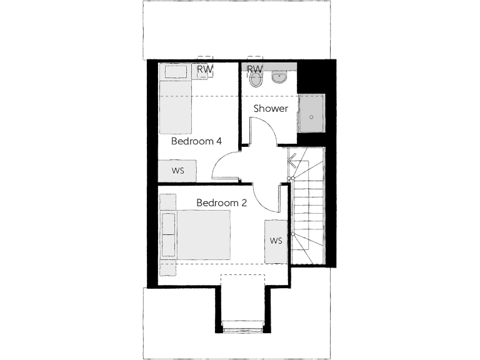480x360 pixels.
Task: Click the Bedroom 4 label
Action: (x=197, y=141)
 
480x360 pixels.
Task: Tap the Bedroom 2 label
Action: (x=222, y=202)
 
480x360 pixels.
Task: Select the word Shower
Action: (x=271, y=109)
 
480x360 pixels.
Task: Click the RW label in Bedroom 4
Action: (x=204, y=69)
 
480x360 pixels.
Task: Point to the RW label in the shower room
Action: (x=254, y=69)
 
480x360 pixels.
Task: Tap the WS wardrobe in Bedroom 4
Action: (x=177, y=170)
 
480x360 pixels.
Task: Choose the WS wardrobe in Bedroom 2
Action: (x=276, y=241)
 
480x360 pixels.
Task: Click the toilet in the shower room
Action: (x=255, y=79)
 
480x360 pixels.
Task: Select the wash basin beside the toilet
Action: (x=279, y=77)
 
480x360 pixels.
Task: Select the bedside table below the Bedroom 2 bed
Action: (x=167, y=267)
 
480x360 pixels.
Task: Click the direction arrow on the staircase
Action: (x=292, y=161)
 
